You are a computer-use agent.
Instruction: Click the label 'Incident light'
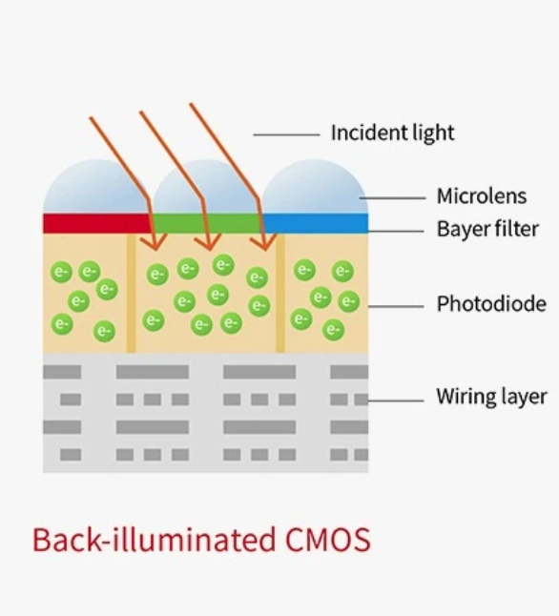pyautogui.click(x=392, y=133)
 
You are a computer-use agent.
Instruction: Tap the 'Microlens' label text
pyautogui.click(x=482, y=196)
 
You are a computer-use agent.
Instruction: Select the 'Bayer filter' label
pyautogui.click(x=487, y=229)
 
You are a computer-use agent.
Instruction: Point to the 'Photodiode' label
pyautogui.click(x=491, y=303)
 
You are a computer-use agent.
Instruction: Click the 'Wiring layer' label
pyautogui.click(x=491, y=397)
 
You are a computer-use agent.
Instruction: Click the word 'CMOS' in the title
pyautogui.click(x=328, y=540)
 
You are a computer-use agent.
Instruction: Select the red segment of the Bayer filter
pyautogui.click(x=97, y=223)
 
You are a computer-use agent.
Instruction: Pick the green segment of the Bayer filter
pyautogui.click(x=207, y=223)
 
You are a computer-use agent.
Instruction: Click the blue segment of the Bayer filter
pyautogui.click(x=316, y=223)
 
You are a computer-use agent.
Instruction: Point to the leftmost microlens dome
pyautogui.click(x=96, y=187)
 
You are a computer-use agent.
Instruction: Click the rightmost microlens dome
pyautogui.click(x=316, y=187)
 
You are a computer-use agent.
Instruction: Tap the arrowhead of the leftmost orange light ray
pyautogui.click(x=155, y=242)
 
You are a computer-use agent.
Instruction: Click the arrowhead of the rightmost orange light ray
pyautogui.click(x=264, y=242)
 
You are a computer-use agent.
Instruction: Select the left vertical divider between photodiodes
pyautogui.click(x=131, y=293)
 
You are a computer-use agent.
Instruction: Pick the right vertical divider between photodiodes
pyautogui.click(x=279, y=293)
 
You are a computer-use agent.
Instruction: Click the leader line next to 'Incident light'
pyautogui.click(x=286, y=134)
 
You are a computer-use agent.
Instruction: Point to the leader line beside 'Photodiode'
pyautogui.click(x=396, y=306)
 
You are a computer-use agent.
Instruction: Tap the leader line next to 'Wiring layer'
pyautogui.click(x=396, y=400)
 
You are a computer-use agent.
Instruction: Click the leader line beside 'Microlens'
pyautogui.click(x=392, y=198)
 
